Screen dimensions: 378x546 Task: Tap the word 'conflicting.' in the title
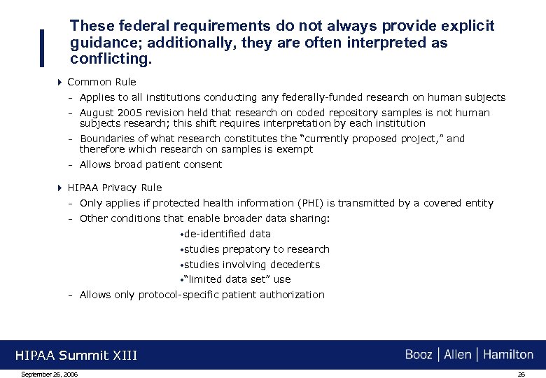point(111,59)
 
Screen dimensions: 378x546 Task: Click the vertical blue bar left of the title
point(44,48)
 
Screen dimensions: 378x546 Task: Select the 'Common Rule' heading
point(101,82)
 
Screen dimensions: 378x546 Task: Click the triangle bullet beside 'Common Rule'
point(59,82)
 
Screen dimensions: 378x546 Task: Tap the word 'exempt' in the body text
point(296,149)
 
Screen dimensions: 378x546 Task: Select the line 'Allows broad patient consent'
point(150,164)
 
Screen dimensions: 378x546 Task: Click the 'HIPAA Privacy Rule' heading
point(114,188)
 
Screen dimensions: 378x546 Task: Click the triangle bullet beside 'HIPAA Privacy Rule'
point(59,188)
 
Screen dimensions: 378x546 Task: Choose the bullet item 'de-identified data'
point(227,234)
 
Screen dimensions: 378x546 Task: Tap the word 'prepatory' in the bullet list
point(246,249)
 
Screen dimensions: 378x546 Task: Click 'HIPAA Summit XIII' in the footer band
point(76,356)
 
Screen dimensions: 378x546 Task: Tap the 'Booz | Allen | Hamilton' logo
point(469,354)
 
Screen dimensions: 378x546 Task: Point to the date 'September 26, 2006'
point(50,374)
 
